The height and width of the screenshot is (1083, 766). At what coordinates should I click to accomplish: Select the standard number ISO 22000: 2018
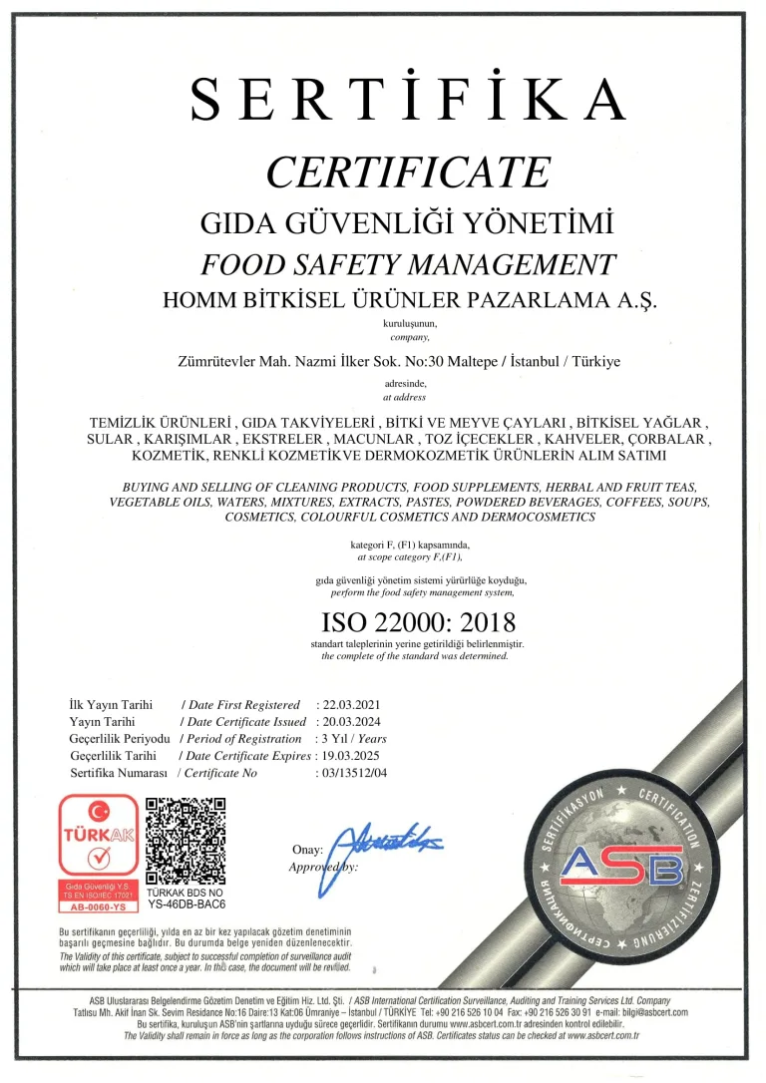pyautogui.click(x=418, y=623)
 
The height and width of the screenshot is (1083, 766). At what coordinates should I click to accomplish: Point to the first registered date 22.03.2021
pyautogui.click(x=348, y=705)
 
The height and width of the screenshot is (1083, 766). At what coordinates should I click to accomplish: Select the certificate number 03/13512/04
pyautogui.click(x=353, y=773)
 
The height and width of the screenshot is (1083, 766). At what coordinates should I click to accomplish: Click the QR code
pyautogui.click(x=187, y=841)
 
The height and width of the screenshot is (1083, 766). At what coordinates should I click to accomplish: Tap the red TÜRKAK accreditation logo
pyautogui.click(x=100, y=854)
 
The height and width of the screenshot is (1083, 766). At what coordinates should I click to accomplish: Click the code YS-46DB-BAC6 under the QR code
pyautogui.click(x=187, y=905)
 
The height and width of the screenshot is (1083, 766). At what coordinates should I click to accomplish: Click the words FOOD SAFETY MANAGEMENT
pyautogui.click(x=408, y=264)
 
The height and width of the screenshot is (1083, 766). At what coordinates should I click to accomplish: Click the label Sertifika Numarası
pyautogui.click(x=120, y=773)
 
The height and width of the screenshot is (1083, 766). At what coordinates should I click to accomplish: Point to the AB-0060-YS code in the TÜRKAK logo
pyautogui.click(x=100, y=907)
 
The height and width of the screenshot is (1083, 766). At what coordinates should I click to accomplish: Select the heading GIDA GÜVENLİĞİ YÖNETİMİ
pyautogui.click(x=407, y=220)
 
